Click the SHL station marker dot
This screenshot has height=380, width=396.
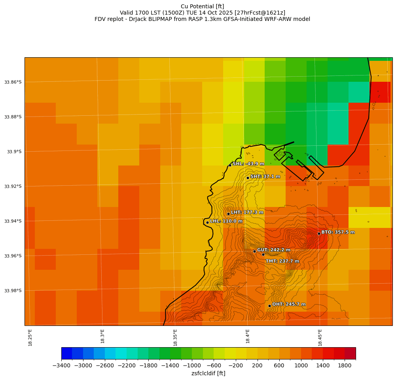pos(230,165)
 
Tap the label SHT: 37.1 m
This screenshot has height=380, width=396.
pos(265,177)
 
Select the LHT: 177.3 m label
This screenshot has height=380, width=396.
pos(247,213)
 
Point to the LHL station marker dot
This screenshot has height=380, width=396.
pos(207,222)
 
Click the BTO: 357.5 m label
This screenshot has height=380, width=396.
pos(338,232)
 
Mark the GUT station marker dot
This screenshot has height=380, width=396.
pos(254,251)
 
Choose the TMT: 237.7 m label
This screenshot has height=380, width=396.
pos(282,261)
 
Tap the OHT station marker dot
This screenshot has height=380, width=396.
pos(269,306)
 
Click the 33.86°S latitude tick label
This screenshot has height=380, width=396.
pos(13,82)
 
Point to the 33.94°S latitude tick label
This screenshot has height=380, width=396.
pos(13,221)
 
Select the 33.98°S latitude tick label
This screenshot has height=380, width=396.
pos(13,291)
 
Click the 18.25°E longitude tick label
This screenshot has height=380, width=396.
pos(30,337)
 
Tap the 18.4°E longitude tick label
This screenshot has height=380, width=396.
pos(248,337)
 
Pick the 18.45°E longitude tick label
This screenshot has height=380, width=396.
pos(320,337)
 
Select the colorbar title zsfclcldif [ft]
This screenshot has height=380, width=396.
pos(208,373)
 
